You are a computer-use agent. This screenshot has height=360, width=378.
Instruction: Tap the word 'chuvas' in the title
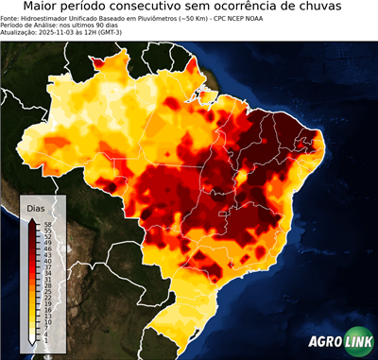339,7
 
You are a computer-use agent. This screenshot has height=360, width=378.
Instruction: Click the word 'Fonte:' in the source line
11,18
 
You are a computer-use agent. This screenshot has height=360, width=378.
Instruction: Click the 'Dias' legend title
36,208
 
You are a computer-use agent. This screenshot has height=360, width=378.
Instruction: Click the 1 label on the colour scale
45,339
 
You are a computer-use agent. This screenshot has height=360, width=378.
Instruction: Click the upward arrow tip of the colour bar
33,219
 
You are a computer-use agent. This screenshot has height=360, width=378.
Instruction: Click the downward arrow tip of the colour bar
33,344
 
